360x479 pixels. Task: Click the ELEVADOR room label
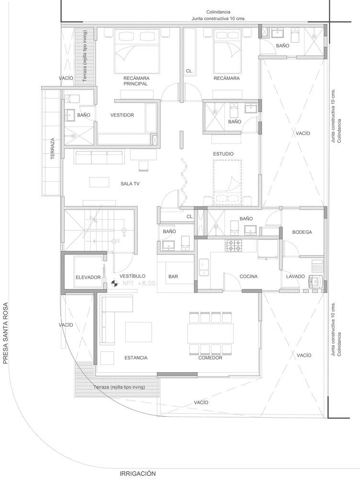coord(88,277)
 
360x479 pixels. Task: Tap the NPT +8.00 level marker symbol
coord(114,284)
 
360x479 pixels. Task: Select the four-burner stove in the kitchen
coord(234,246)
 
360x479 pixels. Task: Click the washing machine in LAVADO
coord(315,281)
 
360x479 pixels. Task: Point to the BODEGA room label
coord(302,232)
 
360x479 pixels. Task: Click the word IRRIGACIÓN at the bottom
coord(138,474)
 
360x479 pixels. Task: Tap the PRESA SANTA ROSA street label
coord(5,333)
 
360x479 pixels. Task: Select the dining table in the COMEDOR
coord(210,333)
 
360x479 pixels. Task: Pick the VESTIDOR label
coord(122,115)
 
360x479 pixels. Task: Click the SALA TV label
coord(130,183)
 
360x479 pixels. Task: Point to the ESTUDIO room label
coord(223,154)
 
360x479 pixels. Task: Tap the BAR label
coord(173,276)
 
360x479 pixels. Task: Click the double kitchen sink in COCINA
coord(204,267)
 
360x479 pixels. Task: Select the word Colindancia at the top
coord(218,12)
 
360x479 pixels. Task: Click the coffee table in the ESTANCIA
coord(138,332)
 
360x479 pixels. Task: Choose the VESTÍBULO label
coord(132,276)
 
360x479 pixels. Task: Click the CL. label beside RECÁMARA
coord(190,71)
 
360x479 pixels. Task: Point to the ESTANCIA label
coord(136,358)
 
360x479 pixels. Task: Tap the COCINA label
coord(248,276)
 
